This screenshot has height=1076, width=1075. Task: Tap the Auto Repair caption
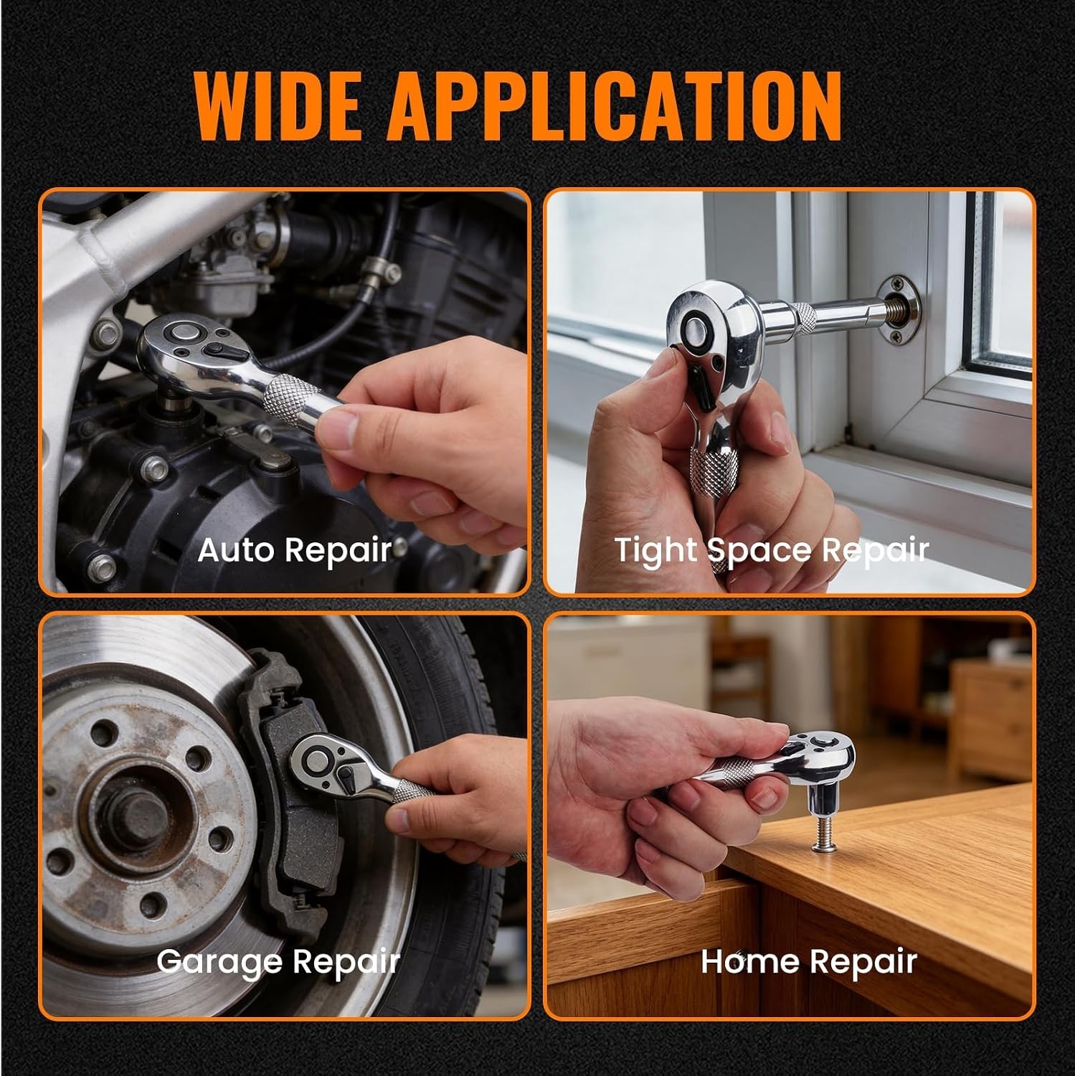coord(295,551)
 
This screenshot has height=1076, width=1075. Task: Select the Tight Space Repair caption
coord(772,551)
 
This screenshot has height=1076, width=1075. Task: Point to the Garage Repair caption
coord(278,961)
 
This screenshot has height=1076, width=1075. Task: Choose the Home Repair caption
coord(809,961)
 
